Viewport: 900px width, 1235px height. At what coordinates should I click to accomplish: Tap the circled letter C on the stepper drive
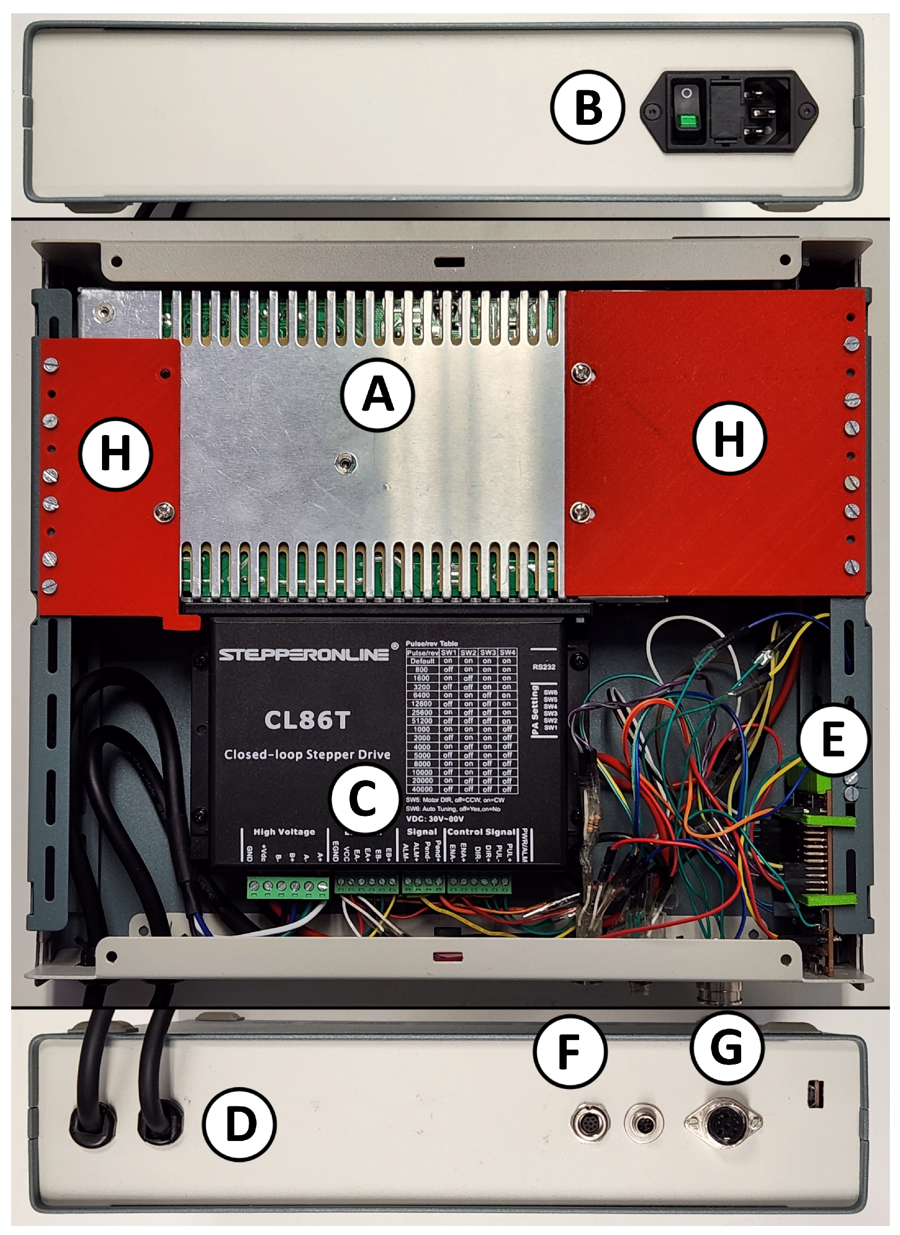pyautogui.click(x=362, y=799)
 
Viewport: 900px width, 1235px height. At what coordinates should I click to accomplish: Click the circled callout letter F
pyautogui.click(x=570, y=1052)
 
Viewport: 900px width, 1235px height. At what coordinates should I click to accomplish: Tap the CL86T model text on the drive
pyautogui.click(x=307, y=720)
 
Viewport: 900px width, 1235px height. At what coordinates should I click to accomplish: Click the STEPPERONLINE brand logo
pyautogui.click(x=304, y=654)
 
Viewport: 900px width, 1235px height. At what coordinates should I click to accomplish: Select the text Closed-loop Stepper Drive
pyautogui.click(x=307, y=755)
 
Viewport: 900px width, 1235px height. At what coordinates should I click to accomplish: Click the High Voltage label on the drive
pyautogui.click(x=284, y=832)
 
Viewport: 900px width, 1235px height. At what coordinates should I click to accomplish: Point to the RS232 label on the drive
pyautogui.click(x=544, y=667)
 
